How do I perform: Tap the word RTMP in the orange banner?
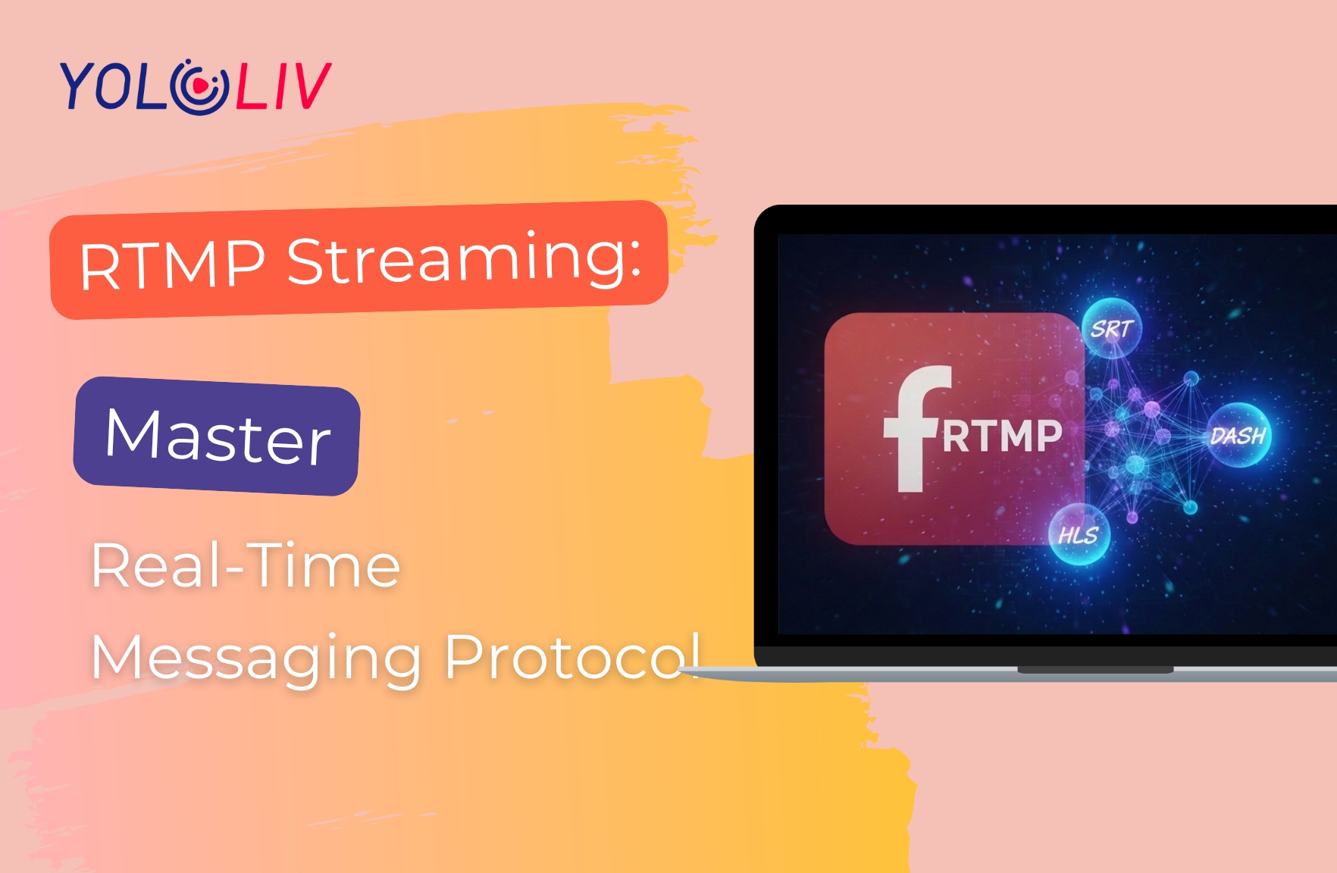click(x=173, y=265)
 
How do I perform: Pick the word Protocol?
click(x=572, y=656)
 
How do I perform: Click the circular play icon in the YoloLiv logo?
click(x=199, y=86)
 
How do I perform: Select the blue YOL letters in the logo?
click(x=114, y=86)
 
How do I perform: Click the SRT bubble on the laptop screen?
click(x=1112, y=328)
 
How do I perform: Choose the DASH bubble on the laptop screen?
click(x=1238, y=435)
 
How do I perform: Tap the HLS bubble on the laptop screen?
click(x=1079, y=534)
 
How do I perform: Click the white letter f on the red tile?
click(x=916, y=429)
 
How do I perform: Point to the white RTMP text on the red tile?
click(x=1002, y=436)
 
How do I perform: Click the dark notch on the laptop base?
click(x=1095, y=670)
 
